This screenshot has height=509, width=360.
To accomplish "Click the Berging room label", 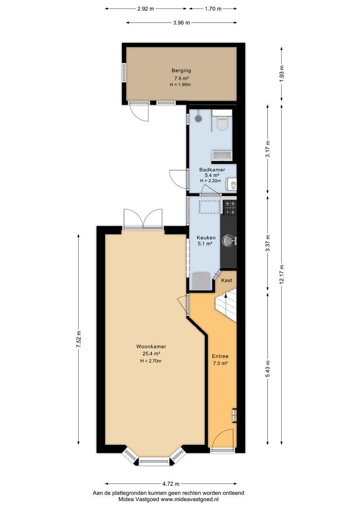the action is point(181,70).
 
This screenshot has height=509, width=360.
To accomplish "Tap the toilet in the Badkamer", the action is point(222,120).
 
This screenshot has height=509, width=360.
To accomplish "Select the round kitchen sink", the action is point(228,240).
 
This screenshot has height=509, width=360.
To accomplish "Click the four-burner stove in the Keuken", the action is point(230,207).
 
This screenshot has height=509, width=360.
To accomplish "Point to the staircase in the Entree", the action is point(226,306).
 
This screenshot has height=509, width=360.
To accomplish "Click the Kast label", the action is point(227,280).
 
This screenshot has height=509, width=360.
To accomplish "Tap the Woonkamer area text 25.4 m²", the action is point(151,353).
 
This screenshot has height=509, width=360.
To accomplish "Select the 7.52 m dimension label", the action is point(78,339).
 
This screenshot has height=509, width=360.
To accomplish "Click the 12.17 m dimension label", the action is point(281,275).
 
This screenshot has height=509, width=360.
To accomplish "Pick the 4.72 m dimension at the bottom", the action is point(171,484).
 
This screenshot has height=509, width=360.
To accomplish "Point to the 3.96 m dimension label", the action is point(181,23).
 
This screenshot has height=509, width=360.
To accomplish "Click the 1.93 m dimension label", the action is point(281,74).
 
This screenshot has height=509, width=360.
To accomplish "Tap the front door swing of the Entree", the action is point(222,438).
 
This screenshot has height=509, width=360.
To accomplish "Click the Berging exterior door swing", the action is point(139,112).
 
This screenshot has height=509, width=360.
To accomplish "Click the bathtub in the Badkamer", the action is point(222,156).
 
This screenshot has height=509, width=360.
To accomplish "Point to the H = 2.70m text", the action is point(151,361).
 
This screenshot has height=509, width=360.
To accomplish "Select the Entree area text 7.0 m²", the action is point(220,363).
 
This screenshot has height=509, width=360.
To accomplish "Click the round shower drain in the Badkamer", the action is point(198,118).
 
